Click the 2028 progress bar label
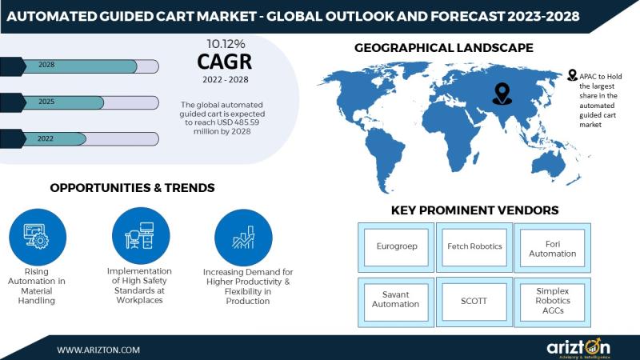click(46, 65)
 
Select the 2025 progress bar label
click(46, 102)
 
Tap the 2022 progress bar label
click(46, 138)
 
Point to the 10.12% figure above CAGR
click(226, 44)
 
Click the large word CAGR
click(225, 62)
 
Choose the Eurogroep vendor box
click(396, 247)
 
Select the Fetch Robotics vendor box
click(474, 247)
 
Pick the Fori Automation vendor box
click(552, 248)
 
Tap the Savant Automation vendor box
click(396, 302)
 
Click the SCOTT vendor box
click(474, 302)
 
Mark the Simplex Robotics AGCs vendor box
click(552, 302)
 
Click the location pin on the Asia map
click(502, 94)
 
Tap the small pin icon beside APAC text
click(572, 75)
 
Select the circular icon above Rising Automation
click(38, 237)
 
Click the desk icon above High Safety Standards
click(141, 235)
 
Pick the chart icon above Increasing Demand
click(243, 238)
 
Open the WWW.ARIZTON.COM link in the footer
click(98, 350)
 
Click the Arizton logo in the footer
click(578, 347)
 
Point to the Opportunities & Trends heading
click(132, 188)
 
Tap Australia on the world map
click(549, 162)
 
